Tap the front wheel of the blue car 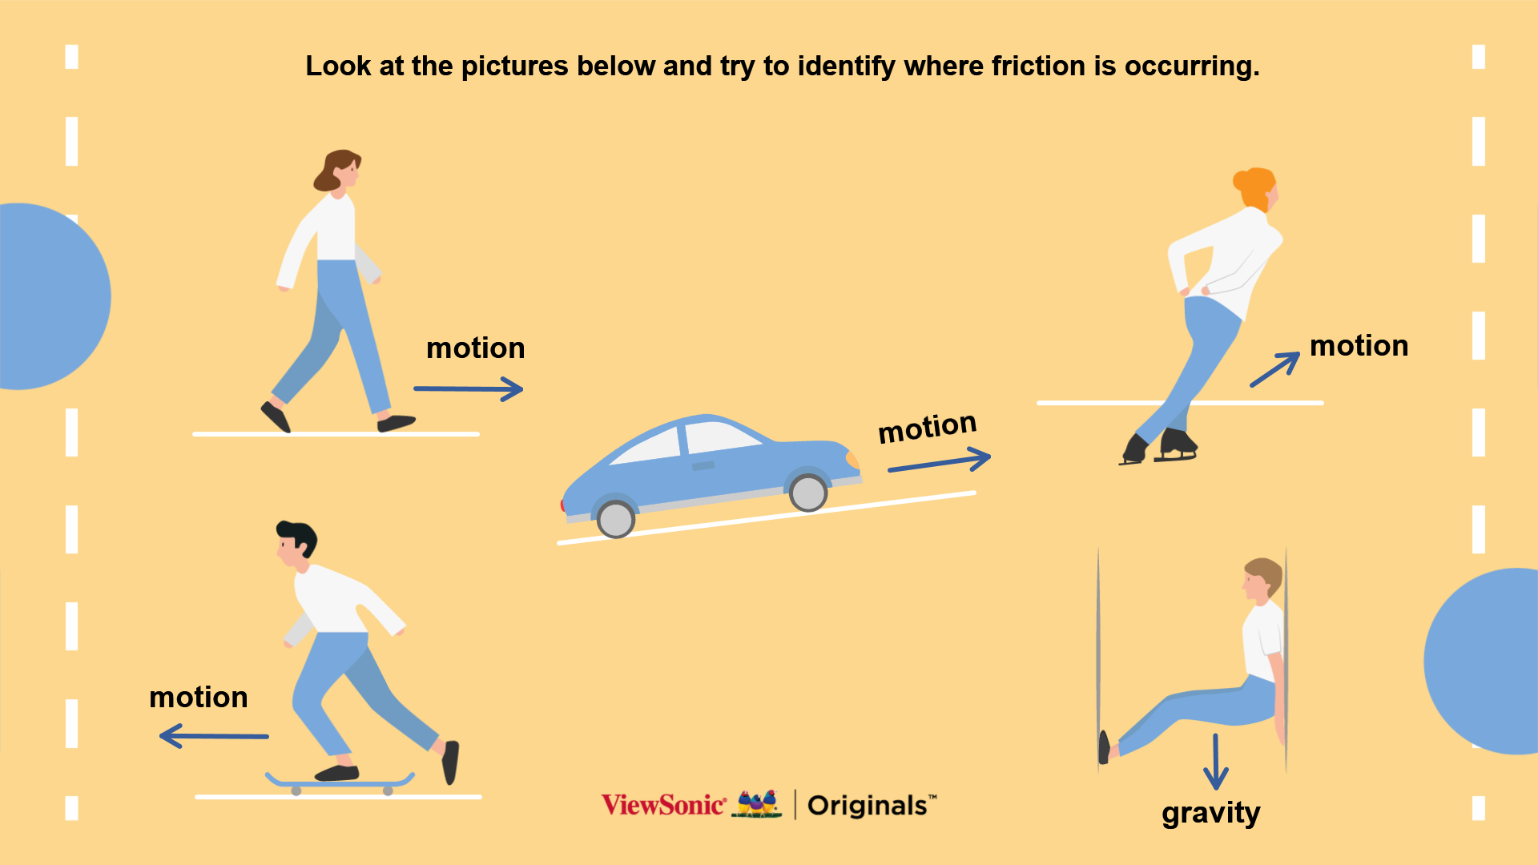pyautogui.click(x=808, y=493)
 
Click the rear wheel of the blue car pyautogui.click(x=616, y=519)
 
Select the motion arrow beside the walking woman pyautogui.click(x=469, y=389)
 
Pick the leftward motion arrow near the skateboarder pyautogui.click(x=214, y=736)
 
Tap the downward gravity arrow pyautogui.click(x=1216, y=762)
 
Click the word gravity pyautogui.click(x=1211, y=814)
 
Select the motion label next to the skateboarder pyautogui.click(x=199, y=697)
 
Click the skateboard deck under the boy pyautogui.click(x=340, y=782)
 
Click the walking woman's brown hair pyautogui.click(x=335, y=169)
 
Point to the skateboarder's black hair pyautogui.click(x=298, y=535)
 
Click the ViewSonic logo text pyautogui.click(x=664, y=805)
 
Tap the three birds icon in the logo pyautogui.click(x=757, y=803)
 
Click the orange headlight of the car pyautogui.click(x=853, y=459)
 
